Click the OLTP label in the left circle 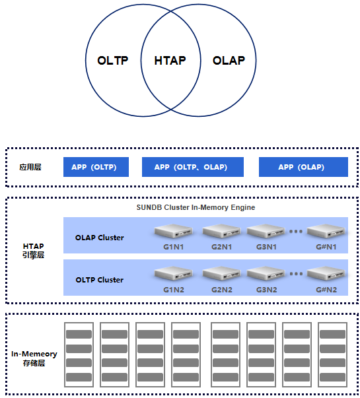(x=113, y=61)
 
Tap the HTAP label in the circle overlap (x=170, y=61)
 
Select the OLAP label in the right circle (x=229, y=61)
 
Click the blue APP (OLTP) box (x=96, y=167)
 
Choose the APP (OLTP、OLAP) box (x=193, y=167)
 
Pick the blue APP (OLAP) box (x=303, y=167)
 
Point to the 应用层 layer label (x=30, y=167)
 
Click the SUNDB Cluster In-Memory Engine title (x=196, y=207)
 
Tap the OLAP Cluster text (x=99, y=238)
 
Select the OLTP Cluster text (x=99, y=280)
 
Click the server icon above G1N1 (x=174, y=231)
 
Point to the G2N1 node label (x=221, y=247)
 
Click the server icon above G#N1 (x=326, y=231)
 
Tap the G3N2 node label (x=266, y=290)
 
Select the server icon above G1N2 (x=174, y=273)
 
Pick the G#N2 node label (x=326, y=290)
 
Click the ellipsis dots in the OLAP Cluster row (x=296, y=231)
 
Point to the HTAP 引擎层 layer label (x=33, y=250)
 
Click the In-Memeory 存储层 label (x=34, y=358)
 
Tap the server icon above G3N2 (x=266, y=273)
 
